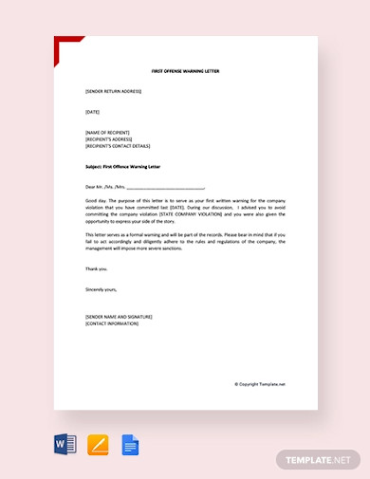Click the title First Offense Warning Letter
(185, 71)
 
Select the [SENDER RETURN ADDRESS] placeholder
(113, 91)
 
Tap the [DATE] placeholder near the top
(92, 112)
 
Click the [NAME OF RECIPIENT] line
(107, 132)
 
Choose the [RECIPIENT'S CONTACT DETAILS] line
(118, 146)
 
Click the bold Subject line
(122, 166)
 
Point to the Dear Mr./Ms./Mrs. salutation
(104, 187)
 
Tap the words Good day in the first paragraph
(95, 201)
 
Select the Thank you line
(97, 268)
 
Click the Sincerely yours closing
(101, 288)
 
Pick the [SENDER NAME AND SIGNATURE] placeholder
(118, 317)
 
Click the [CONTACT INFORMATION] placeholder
(111, 323)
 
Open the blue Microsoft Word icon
(65, 444)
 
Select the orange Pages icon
(98, 444)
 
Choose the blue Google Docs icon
(130, 444)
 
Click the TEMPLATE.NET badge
(318, 459)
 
